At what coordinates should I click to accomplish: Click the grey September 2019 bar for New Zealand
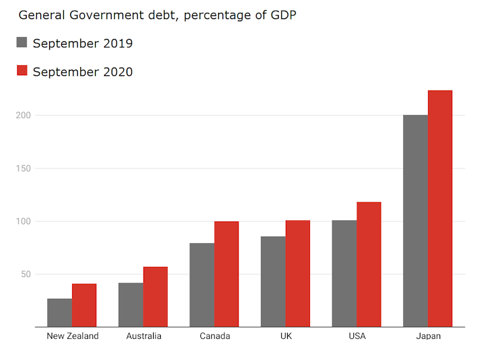[x=59, y=313]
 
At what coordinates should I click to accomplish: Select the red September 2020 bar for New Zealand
[x=84, y=305]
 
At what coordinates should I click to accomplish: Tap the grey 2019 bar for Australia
[x=131, y=304]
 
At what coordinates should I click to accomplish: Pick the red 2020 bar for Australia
[x=155, y=297]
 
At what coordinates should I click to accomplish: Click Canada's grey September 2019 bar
[x=202, y=285]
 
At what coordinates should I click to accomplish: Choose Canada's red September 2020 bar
[x=226, y=274]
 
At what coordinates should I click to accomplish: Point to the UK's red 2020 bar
[x=297, y=274]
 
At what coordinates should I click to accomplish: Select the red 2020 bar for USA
[x=369, y=265]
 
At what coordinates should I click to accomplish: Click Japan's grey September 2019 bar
[x=415, y=221]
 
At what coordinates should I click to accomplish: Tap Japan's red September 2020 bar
[x=440, y=209]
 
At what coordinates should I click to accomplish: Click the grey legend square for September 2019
[x=22, y=43]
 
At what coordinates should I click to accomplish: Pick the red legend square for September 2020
[x=22, y=71]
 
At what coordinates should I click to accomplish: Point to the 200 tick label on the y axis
[x=24, y=116]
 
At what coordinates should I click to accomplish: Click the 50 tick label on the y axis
[x=26, y=274]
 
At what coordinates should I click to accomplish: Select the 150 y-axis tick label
[x=24, y=169]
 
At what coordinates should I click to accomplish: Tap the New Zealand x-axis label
[x=73, y=336]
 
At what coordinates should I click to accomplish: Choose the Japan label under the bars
[x=428, y=336]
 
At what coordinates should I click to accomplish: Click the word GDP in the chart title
[x=283, y=15]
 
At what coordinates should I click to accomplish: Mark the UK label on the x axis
[x=286, y=336]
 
